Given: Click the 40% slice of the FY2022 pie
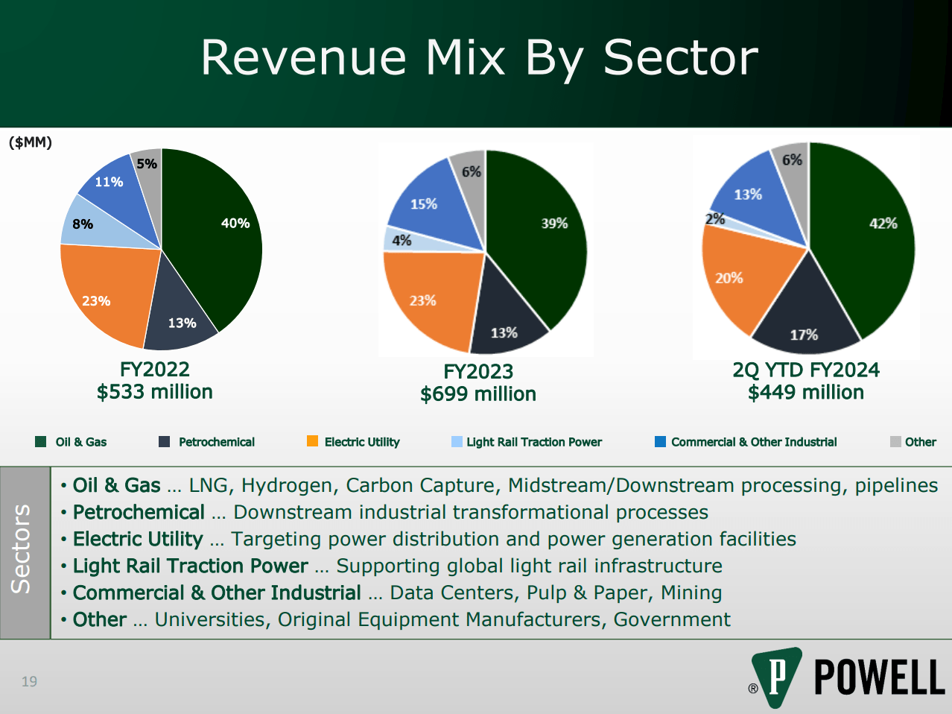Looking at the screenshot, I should (x=216, y=238).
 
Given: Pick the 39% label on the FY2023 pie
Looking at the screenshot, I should (x=554, y=224).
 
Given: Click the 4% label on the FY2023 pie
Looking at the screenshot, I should (x=402, y=240).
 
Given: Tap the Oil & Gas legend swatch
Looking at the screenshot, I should (x=41, y=442).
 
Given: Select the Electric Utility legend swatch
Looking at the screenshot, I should (x=312, y=441).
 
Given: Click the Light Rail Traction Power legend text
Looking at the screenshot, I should (x=534, y=442).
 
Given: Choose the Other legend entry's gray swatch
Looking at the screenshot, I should (x=895, y=442).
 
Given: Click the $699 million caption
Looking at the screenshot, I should (x=478, y=394).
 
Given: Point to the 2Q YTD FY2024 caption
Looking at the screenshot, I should (x=806, y=370).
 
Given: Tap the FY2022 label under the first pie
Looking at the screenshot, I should (x=155, y=369).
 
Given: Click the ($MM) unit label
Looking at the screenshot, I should (x=31, y=142).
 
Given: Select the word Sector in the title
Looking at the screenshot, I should (x=680, y=57).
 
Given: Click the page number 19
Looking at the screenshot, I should (x=29, y=681).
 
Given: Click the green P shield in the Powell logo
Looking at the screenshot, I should (x=776, y=675).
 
